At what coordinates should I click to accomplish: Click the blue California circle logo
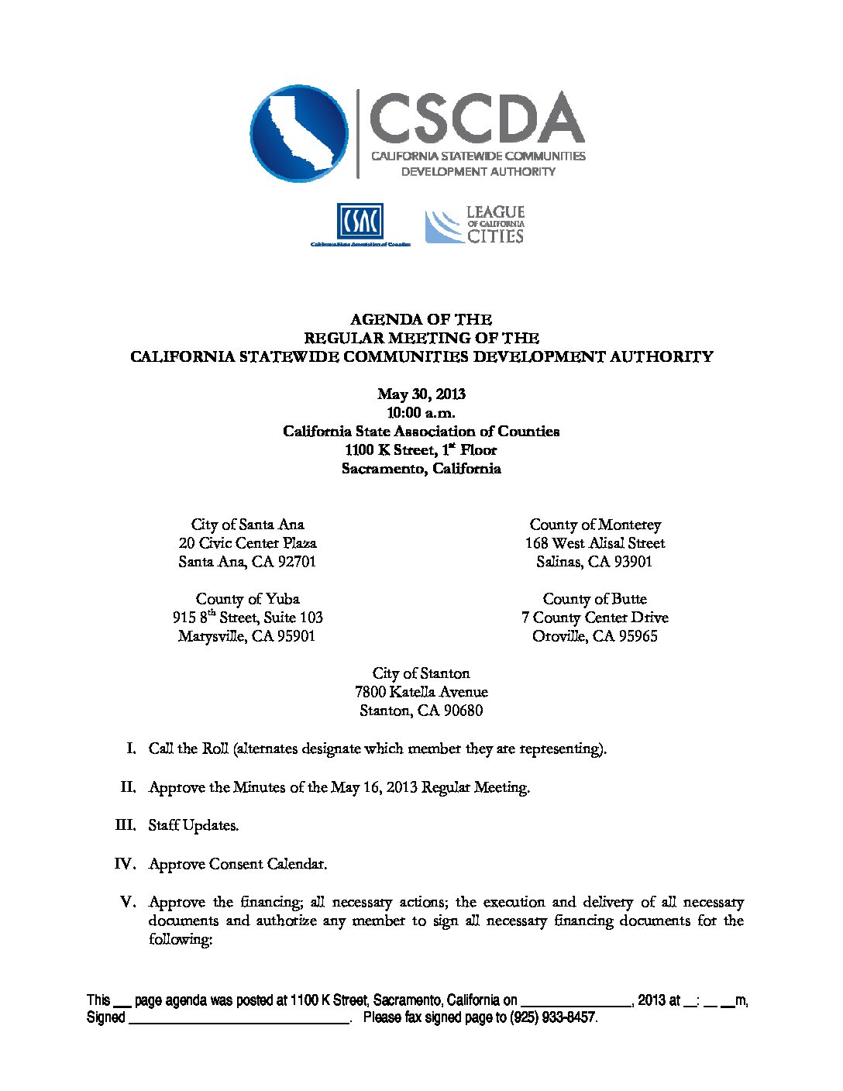299,133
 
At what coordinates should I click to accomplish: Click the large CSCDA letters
476,118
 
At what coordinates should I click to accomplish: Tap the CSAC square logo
360,222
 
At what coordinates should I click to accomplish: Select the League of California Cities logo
474,225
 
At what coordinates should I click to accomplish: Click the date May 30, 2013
421,394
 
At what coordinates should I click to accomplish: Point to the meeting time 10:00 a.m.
421,413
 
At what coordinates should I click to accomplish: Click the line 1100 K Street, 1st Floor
421,450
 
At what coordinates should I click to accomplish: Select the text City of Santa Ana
248,525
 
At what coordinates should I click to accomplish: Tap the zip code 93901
633,562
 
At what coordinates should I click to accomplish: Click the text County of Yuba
248,599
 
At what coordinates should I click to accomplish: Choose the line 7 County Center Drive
594,618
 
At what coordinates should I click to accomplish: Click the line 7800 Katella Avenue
421,692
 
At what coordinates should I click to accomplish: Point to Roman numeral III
126,825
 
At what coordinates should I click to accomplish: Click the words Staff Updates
194,825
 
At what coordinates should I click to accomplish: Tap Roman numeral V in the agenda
128,902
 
